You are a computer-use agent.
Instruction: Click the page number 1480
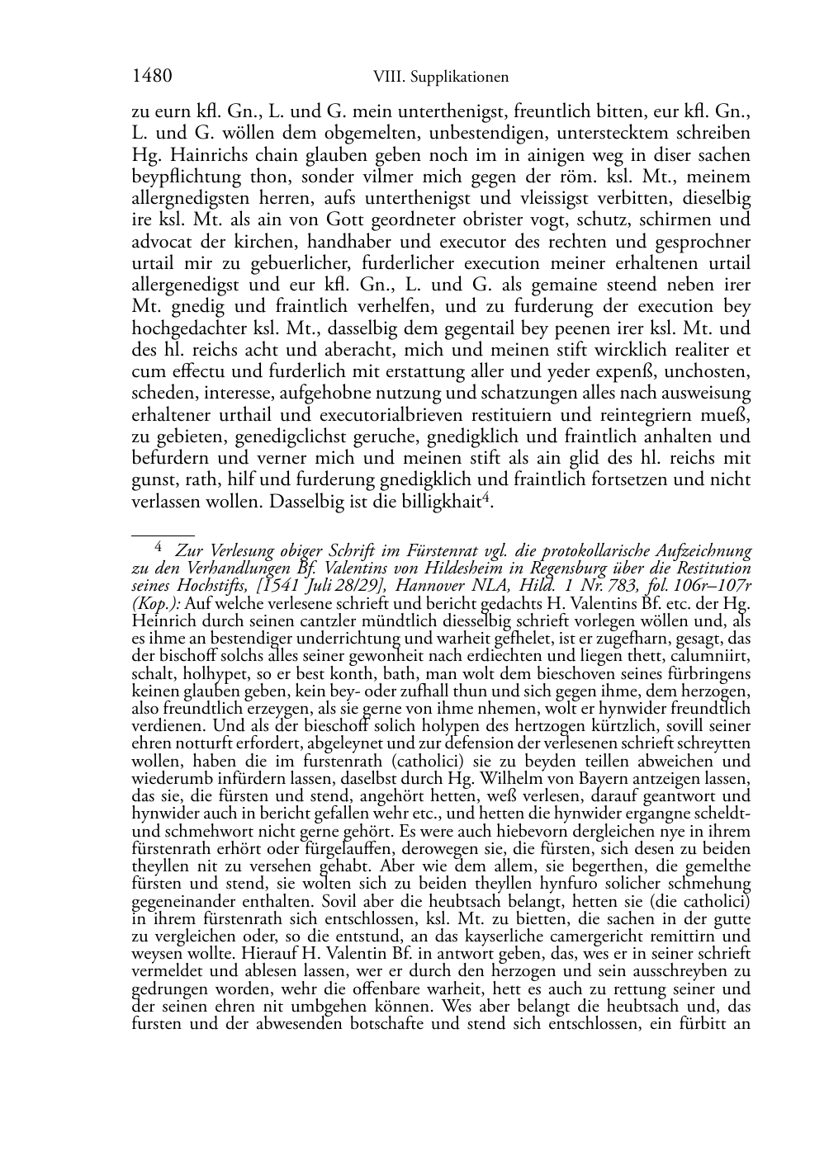pyautogui.click(x=152, y=77)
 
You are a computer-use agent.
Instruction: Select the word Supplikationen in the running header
pyautogui.click(x=461, y=78)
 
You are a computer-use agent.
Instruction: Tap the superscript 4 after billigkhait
pyautogui.click(x=486, y=497)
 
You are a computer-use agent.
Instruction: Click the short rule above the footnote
pyautogui.click(x=163, y=535)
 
